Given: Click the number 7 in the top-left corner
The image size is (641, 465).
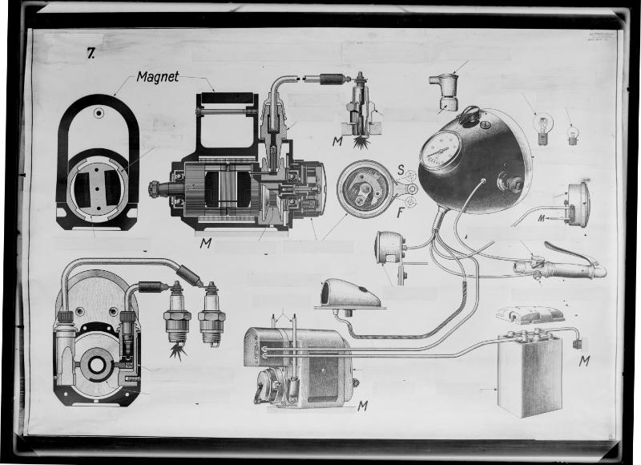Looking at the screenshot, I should [x=91, y=54].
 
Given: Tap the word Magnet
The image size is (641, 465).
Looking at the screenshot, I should [x=157, y=77].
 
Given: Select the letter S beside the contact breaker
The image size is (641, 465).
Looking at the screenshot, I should [x=400, y=168].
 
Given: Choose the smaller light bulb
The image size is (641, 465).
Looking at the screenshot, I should [x=572, y=134].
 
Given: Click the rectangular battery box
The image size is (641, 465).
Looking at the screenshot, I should [x=529, y=373].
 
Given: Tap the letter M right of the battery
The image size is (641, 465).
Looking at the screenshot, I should [x=585, y=361].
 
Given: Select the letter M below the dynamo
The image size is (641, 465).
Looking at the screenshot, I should [x=362, y=406].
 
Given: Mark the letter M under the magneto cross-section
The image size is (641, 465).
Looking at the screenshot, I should [x=205, y=243].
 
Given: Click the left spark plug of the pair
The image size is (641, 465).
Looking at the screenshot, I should [x=177, y=317].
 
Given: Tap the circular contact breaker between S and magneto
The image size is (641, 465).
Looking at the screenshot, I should [x=365, y=188].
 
